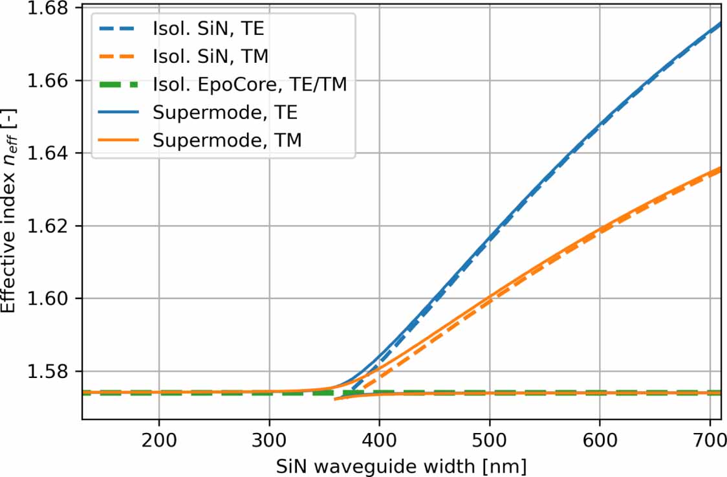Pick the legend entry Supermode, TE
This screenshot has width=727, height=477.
pos(226,111)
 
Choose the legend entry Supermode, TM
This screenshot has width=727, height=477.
pos(227,139)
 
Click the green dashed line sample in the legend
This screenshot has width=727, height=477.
pos(119,85)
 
